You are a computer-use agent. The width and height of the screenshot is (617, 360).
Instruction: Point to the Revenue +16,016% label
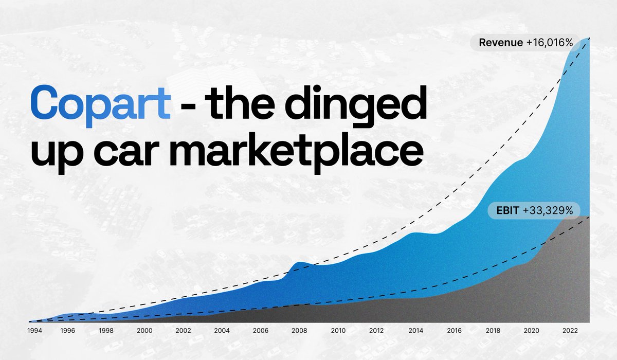point(525,43)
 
